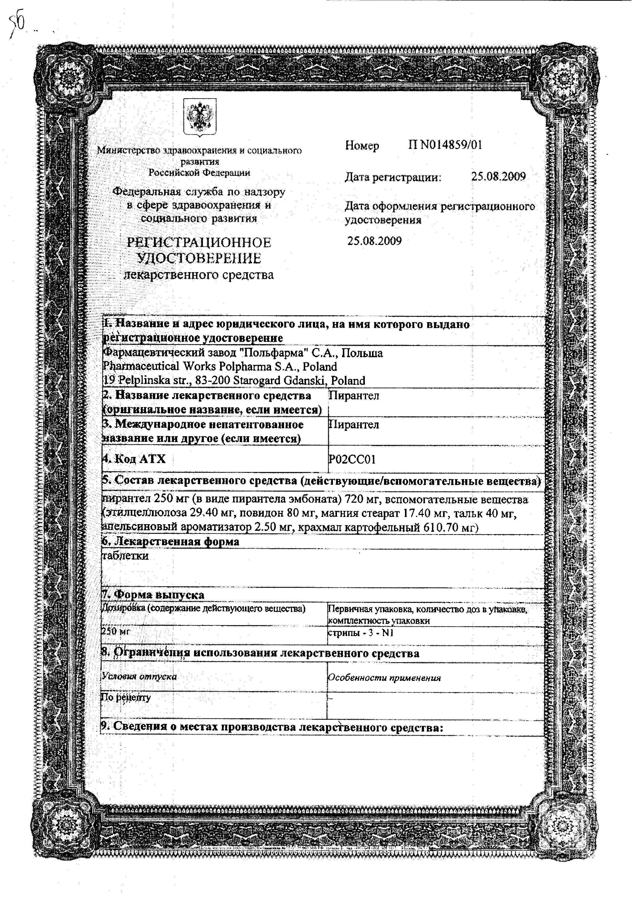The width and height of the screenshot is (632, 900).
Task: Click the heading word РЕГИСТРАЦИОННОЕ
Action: [x=199, y=243]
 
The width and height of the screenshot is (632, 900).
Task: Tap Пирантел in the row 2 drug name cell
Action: [x=354, y=396]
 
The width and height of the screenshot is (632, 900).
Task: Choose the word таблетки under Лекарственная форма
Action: [x=126, y=556]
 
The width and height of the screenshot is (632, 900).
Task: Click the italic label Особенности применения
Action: [x=384, y=678]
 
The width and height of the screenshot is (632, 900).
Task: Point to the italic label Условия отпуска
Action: [x=139, y=677]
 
